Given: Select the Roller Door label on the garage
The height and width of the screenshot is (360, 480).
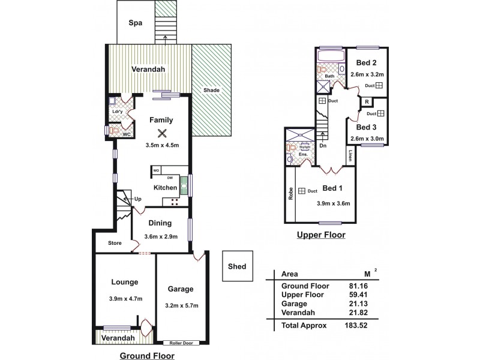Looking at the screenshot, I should click(x=181, y=343).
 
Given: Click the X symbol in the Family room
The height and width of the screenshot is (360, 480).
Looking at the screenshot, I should click(x=161, y=133).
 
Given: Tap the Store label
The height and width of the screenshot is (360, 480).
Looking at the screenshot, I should click(x=115, y=243).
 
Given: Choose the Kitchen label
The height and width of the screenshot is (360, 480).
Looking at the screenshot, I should click(x=165, y=188).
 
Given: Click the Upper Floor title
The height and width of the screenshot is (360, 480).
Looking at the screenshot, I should click(x=322, y=235).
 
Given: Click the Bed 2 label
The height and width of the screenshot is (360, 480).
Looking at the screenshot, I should click(x=366, y=62).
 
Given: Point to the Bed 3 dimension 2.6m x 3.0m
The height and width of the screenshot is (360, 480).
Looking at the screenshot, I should click(x=366, y=139).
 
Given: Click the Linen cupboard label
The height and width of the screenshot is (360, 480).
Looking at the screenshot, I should click(x=350, y=155).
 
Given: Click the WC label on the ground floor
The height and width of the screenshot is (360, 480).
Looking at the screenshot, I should click(x=127, y=134).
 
